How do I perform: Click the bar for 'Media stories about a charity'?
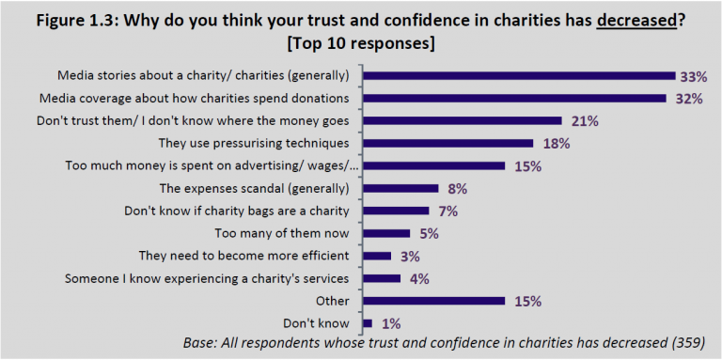click(519, 75)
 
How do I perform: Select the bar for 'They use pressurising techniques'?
click(447, 143)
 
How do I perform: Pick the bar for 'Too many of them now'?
click(386, 233)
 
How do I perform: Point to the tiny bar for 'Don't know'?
click(368, 323)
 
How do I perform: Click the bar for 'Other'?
click(433, 301)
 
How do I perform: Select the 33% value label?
click(698, 75)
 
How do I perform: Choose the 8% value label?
click(458, 188)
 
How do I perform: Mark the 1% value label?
click(390, 323)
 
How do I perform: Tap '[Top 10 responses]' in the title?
click(361, 43)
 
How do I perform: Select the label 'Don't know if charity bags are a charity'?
click(238, 211)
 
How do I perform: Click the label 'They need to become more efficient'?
click(243, 256)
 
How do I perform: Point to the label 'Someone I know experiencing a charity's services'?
click(208, 278)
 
